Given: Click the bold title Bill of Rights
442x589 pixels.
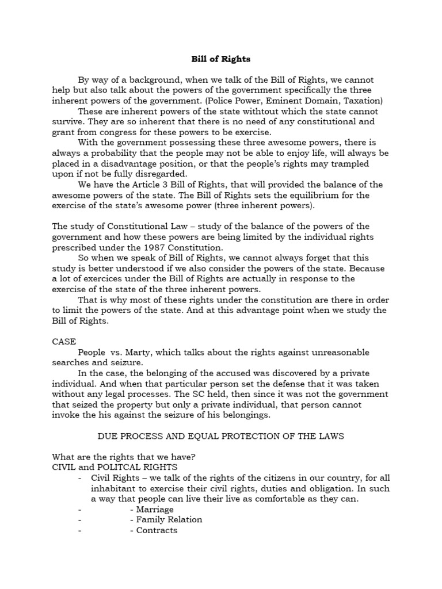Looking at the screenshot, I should (221, 59).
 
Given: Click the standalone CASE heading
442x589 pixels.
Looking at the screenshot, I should (64, 342).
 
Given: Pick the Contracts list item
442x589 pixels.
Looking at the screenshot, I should (157, 530).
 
